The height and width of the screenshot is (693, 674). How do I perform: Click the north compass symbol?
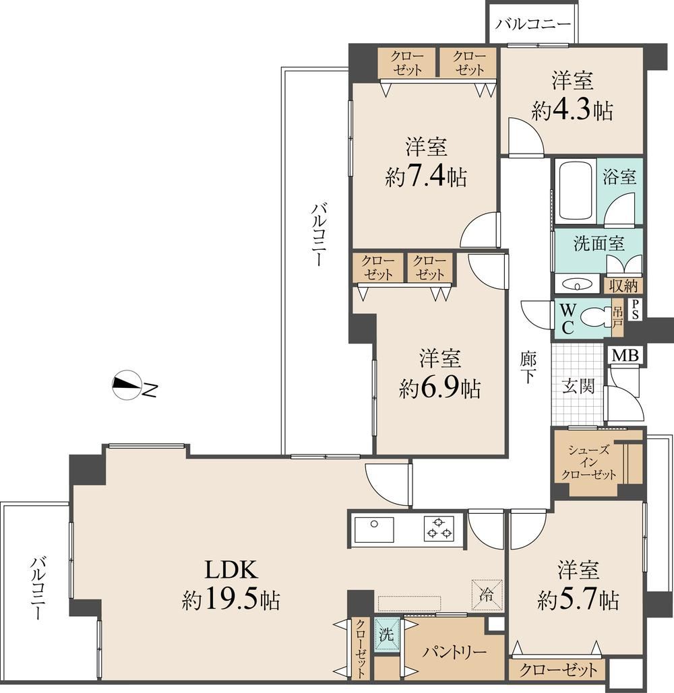tap(127, 385)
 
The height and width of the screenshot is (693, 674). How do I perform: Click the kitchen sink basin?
tap(374, 529)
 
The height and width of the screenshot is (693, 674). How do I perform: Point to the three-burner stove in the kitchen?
tap(439, 529)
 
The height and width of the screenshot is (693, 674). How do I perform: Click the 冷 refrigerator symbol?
tap(487, 595)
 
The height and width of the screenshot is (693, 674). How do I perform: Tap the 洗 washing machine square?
tap(386, 634)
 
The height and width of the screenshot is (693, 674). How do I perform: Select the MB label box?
tap(625, 356)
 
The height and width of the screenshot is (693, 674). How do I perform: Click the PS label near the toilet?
tap(635, 309)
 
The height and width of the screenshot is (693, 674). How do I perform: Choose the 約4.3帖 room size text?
tap(572, 110)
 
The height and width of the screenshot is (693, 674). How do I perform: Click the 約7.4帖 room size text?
tap(425, 176)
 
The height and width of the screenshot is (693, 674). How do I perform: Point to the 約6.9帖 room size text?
tap(439, 388)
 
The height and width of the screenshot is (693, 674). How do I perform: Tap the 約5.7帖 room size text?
tap(578, 599)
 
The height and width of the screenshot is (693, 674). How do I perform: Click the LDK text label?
tap(231, 570)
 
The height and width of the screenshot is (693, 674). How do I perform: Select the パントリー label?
tap(454, 652)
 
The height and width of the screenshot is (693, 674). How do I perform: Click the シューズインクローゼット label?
tap(588, 462)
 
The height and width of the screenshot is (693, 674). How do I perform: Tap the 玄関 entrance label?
tap(578, 387)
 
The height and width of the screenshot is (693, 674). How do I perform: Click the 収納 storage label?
tap(623, 286)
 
